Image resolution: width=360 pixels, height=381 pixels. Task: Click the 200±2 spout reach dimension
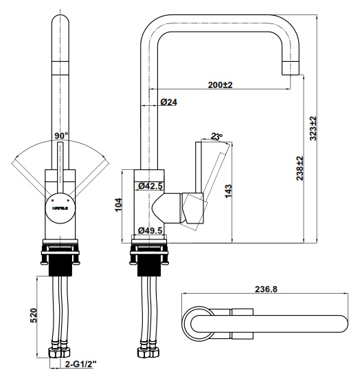click(x=220, y=85)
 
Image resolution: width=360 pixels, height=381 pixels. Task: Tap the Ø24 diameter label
click(x=169, y=102)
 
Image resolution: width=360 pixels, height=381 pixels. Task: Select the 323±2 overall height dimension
click(x=313, y=128)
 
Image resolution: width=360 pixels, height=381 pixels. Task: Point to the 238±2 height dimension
click(x=300, y=166)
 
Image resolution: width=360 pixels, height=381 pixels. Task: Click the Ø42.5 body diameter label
click(x=149, y=186)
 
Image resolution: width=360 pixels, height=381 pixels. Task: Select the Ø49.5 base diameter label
click(x=149, y=230)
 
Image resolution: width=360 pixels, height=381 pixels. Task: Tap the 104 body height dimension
click(x=118, y=204)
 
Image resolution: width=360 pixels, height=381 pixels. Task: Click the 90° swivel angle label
click(x=62, y=135)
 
